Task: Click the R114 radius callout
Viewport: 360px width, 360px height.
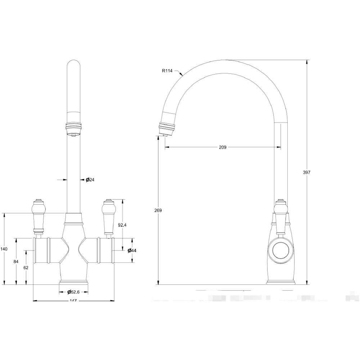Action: [x=167, y=71]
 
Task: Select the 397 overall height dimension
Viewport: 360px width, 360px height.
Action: [x=307, y=172]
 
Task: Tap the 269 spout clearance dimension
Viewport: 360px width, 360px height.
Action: [x=158, y=210]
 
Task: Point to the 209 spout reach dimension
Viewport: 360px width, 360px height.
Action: [x=223, y=147]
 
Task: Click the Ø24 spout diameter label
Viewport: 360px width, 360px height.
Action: [x=90, y=179]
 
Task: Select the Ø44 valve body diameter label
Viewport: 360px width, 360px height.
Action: [x=131, y=250]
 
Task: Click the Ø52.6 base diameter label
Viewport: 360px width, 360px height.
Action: [x=73, y=292]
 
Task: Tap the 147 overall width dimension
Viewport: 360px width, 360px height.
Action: [x=73, y=301]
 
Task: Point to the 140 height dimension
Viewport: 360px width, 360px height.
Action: [x=4, y=249]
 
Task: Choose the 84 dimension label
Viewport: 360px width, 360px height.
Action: [x=16, y=262]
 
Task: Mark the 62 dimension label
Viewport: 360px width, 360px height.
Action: [x=26, y=267]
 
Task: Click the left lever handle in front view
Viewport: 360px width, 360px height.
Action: [x=38, y=216]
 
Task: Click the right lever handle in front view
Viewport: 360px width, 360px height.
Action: [x=108, y=216]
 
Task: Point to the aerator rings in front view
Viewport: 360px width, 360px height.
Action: [x=73, y=127]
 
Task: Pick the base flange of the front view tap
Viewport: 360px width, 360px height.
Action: [x=73, y=282]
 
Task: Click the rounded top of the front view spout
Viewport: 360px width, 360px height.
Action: [x=73, y=65]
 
